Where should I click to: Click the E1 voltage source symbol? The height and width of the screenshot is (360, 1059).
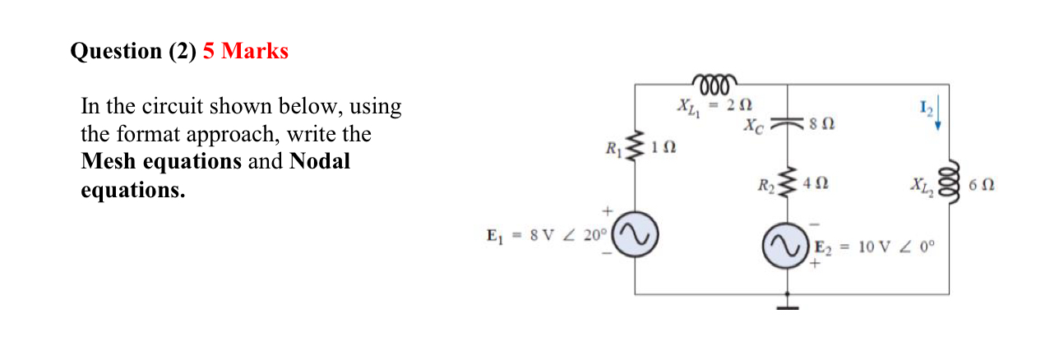[x=635, y=236]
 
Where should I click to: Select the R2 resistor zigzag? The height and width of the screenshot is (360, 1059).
[x=788, y=183]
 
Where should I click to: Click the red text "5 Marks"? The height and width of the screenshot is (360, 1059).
[x=245, y=51]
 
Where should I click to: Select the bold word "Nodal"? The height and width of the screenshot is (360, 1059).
[x=320, y=161]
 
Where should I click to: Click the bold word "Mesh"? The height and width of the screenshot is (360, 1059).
[x=109, y=161]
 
